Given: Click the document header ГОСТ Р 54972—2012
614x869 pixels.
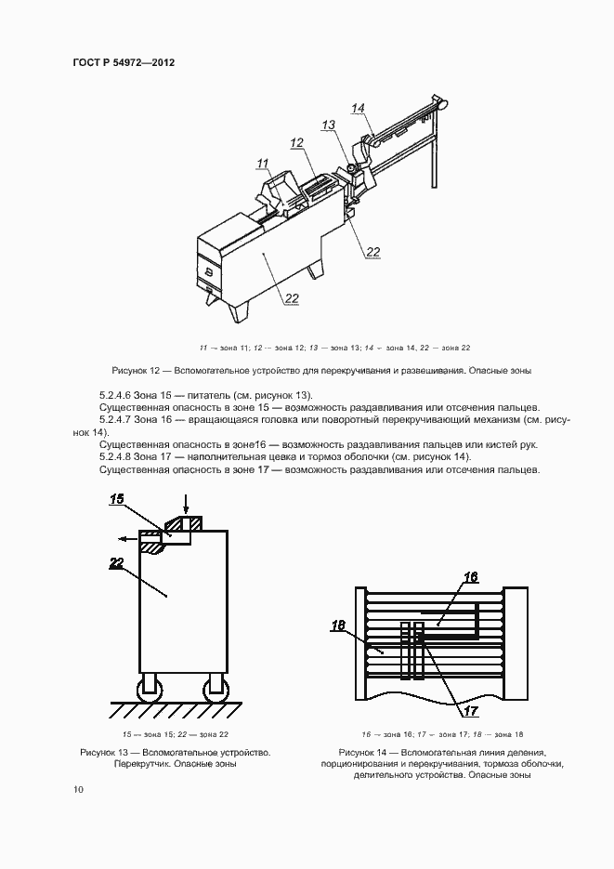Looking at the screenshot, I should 123,63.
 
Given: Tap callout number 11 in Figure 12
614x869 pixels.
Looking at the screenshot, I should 263,164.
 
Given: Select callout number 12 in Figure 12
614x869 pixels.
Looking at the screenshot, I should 297,143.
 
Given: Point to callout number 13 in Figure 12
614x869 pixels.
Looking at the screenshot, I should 329,124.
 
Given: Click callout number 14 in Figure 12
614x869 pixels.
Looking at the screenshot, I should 358,109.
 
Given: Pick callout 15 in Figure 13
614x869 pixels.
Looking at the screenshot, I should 117,499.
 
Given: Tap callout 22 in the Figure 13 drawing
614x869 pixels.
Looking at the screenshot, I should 116,562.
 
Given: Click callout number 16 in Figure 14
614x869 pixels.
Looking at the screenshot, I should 470,577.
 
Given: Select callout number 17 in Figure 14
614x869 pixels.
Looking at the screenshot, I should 471,711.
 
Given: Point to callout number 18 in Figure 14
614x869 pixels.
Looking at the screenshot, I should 339,625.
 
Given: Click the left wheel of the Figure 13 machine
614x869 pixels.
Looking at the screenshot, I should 149,690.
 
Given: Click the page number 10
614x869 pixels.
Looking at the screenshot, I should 78,790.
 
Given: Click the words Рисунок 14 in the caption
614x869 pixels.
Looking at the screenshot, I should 364,751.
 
